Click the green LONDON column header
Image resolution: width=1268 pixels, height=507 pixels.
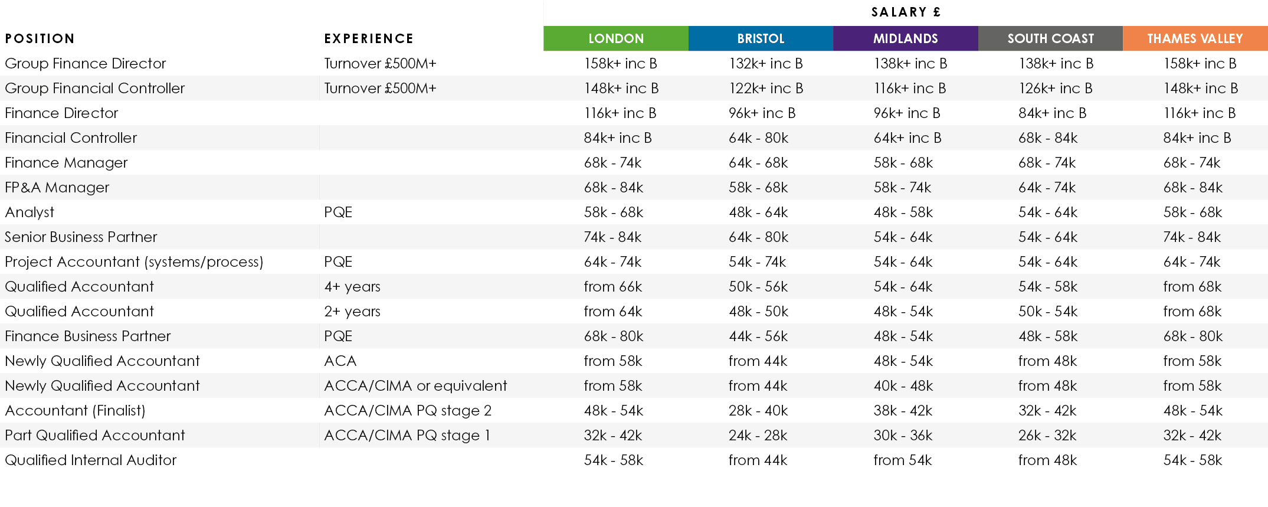[x=615, y=38]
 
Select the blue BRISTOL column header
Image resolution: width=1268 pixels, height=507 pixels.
[x=761, y=38]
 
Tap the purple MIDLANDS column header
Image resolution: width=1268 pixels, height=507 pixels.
[x=905, y=38]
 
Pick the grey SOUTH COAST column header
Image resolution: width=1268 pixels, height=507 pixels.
[x=1050, y=38]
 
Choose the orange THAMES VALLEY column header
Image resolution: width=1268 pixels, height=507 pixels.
[x=1195, y=38]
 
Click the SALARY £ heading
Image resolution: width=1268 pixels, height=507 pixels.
[x=906, y=12]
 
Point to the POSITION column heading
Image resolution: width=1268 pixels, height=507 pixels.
[x=40, y=39]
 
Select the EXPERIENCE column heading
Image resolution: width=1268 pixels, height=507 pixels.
[x=369, y=39]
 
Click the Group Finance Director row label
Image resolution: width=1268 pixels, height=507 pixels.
[x=86, y=63]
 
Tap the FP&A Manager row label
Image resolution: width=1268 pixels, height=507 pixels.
[x=57, y=187]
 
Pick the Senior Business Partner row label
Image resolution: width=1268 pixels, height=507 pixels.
[x=81, y=237]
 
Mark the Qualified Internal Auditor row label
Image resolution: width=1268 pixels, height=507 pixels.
[x=91, y=460]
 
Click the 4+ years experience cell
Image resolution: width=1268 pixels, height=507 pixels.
[x=352, y=286]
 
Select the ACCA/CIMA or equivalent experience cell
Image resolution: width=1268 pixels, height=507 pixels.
[x=415, y=385]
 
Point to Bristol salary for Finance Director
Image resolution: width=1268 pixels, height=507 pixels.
[x=762, y=113]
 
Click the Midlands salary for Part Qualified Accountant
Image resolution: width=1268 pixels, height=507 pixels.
[x=903, y=435]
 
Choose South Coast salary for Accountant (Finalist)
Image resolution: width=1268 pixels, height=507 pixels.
[x=1047, y=410]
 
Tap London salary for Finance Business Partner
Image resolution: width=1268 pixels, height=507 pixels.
[x=614, y=336]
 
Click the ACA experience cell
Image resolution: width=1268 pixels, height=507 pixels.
[x=340, y=361]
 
